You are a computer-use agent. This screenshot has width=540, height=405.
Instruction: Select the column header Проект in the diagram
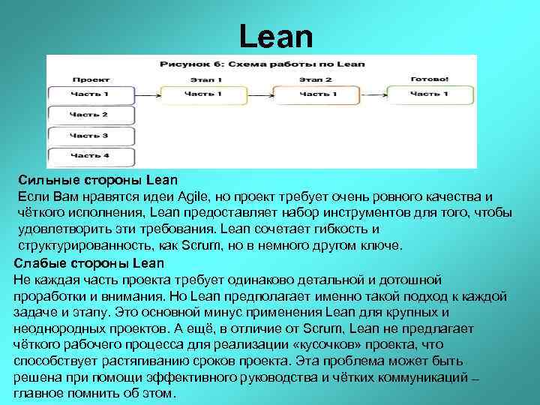tap(90, 79)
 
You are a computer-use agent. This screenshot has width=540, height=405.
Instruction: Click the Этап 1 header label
tap(201, 79)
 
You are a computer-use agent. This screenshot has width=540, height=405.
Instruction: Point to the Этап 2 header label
tap(315, 79)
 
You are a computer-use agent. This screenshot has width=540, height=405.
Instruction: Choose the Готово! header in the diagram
tap(430, 79)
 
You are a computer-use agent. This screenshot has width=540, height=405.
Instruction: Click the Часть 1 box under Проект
tap(90, 94)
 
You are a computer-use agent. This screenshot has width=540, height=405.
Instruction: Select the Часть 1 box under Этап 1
tap(202, 94)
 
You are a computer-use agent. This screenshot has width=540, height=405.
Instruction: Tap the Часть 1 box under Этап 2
tap(316, 94)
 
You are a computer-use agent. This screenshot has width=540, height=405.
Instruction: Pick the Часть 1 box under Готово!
tap(430, 94)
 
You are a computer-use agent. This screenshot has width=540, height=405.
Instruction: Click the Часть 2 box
tap(90, 115)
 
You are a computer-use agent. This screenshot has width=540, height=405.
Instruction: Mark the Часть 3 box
tap(90, 136)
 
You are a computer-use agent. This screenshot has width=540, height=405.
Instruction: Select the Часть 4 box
tap(90, 155)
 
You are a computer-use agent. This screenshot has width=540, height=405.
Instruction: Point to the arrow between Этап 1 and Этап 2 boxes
tap(259, 94)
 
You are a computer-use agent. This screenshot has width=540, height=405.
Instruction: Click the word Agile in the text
tap(196, 196)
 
